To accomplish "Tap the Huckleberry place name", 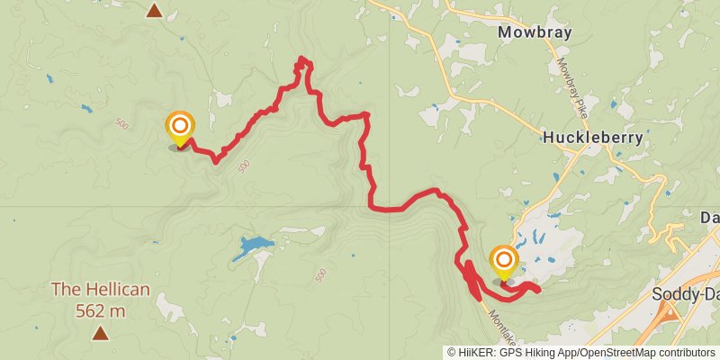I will [592, 138].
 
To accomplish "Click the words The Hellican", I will [100, 291].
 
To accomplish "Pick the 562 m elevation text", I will [100, 311].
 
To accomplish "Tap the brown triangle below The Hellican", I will [100, 334].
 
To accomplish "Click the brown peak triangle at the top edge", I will [155, 11].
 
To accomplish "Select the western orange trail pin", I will [180, 128].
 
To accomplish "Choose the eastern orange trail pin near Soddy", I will [503, 263].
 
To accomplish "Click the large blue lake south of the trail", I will [252, 247].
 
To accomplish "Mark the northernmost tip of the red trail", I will [302, 59].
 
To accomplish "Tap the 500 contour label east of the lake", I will [321, 274].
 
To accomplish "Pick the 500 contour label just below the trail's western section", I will [243, 167].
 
